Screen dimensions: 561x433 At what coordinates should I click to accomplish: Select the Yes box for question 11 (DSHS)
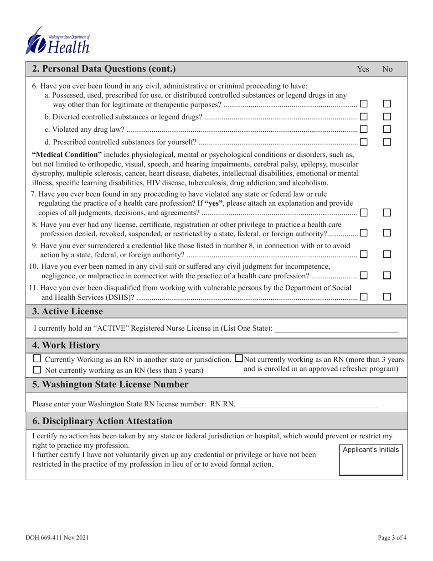[364, 296]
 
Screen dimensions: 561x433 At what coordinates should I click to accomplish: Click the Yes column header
[363, 69]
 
